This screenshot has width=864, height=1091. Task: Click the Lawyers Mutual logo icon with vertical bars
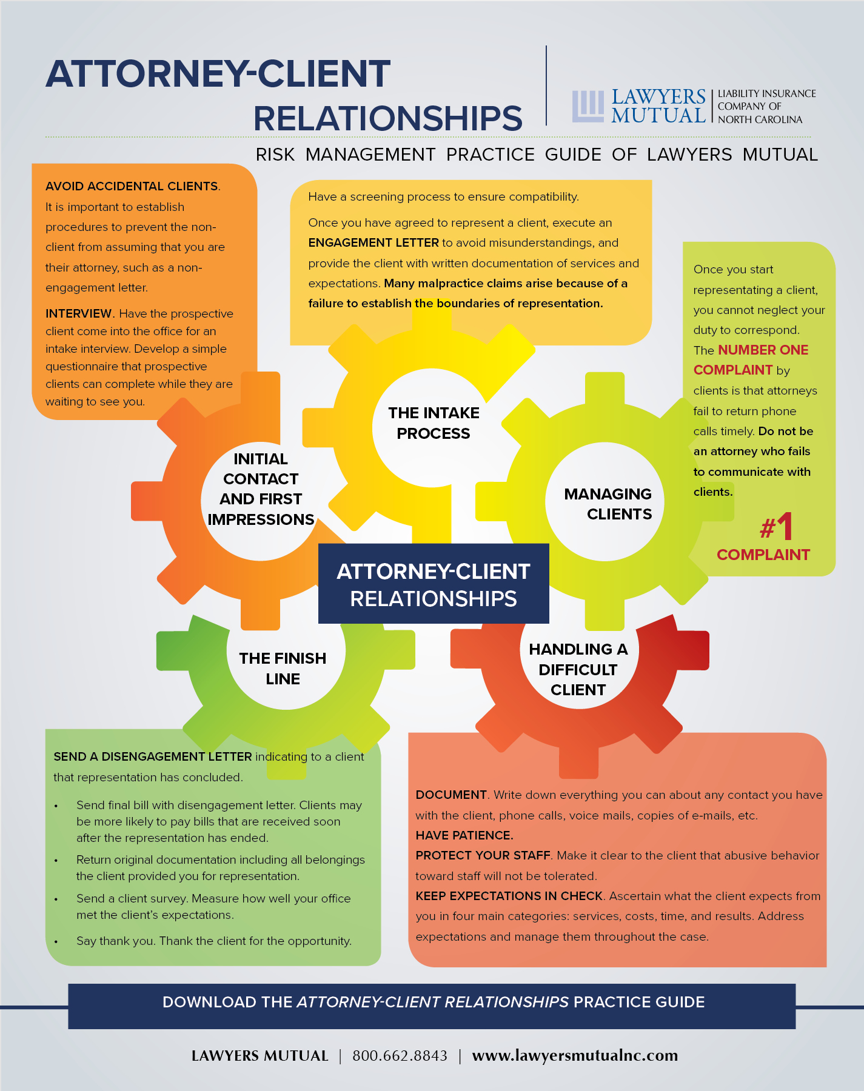[x=588, y=107]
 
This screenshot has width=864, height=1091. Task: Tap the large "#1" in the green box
[x=777, y=526]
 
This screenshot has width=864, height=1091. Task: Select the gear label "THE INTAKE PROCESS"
[x=434, y=423]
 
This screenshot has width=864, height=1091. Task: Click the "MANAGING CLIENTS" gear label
[x=608, y=504]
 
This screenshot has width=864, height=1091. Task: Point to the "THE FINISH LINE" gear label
[x=283, y=669]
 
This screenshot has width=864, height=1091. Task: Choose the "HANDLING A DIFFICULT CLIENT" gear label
[x=578, y=669]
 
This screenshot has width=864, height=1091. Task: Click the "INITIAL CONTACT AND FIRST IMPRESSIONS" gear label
[x=261, y=489]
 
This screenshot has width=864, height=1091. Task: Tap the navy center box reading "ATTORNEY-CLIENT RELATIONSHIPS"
[x=434, y=584]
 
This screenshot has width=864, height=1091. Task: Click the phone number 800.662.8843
[x=400, y=1056]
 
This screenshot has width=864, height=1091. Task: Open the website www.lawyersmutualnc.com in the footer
[x=575, y=1056]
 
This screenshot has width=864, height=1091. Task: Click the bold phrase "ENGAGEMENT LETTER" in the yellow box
[x=373, y=242]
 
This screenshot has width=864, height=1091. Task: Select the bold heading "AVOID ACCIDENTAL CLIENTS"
[x=132, y=186]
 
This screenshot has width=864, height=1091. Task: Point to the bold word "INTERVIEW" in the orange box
[x=79, y=313]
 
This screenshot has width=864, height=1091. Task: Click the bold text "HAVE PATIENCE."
[x=464, y=835]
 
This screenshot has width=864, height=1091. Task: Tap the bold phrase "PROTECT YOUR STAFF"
[x=483, y=855]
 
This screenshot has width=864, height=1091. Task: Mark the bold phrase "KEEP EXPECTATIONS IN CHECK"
[x=509, y=896]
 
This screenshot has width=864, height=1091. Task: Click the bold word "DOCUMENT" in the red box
[x=451, y=795]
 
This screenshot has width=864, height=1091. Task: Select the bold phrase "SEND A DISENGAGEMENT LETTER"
[x=153, y=756]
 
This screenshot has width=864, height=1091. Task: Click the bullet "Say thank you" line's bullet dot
[x=56, y=942]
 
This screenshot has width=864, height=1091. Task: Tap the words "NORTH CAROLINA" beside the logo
[x=760, y=119]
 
